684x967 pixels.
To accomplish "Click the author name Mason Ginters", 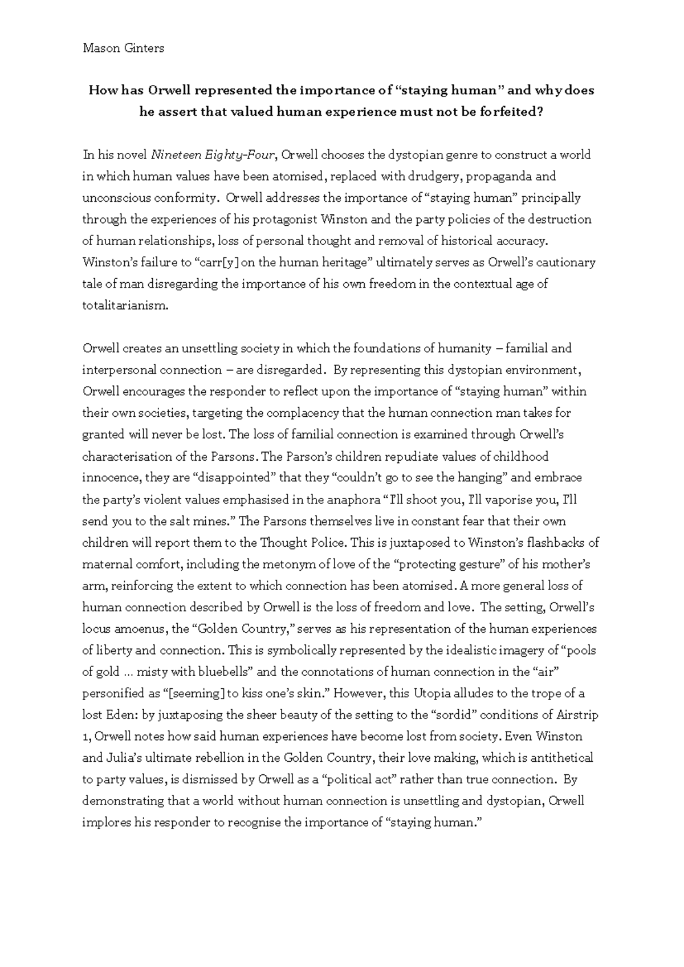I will tap(123, 48).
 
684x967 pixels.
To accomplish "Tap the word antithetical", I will tap(561, 758).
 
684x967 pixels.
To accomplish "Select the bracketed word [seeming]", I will tap(195, 694).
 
